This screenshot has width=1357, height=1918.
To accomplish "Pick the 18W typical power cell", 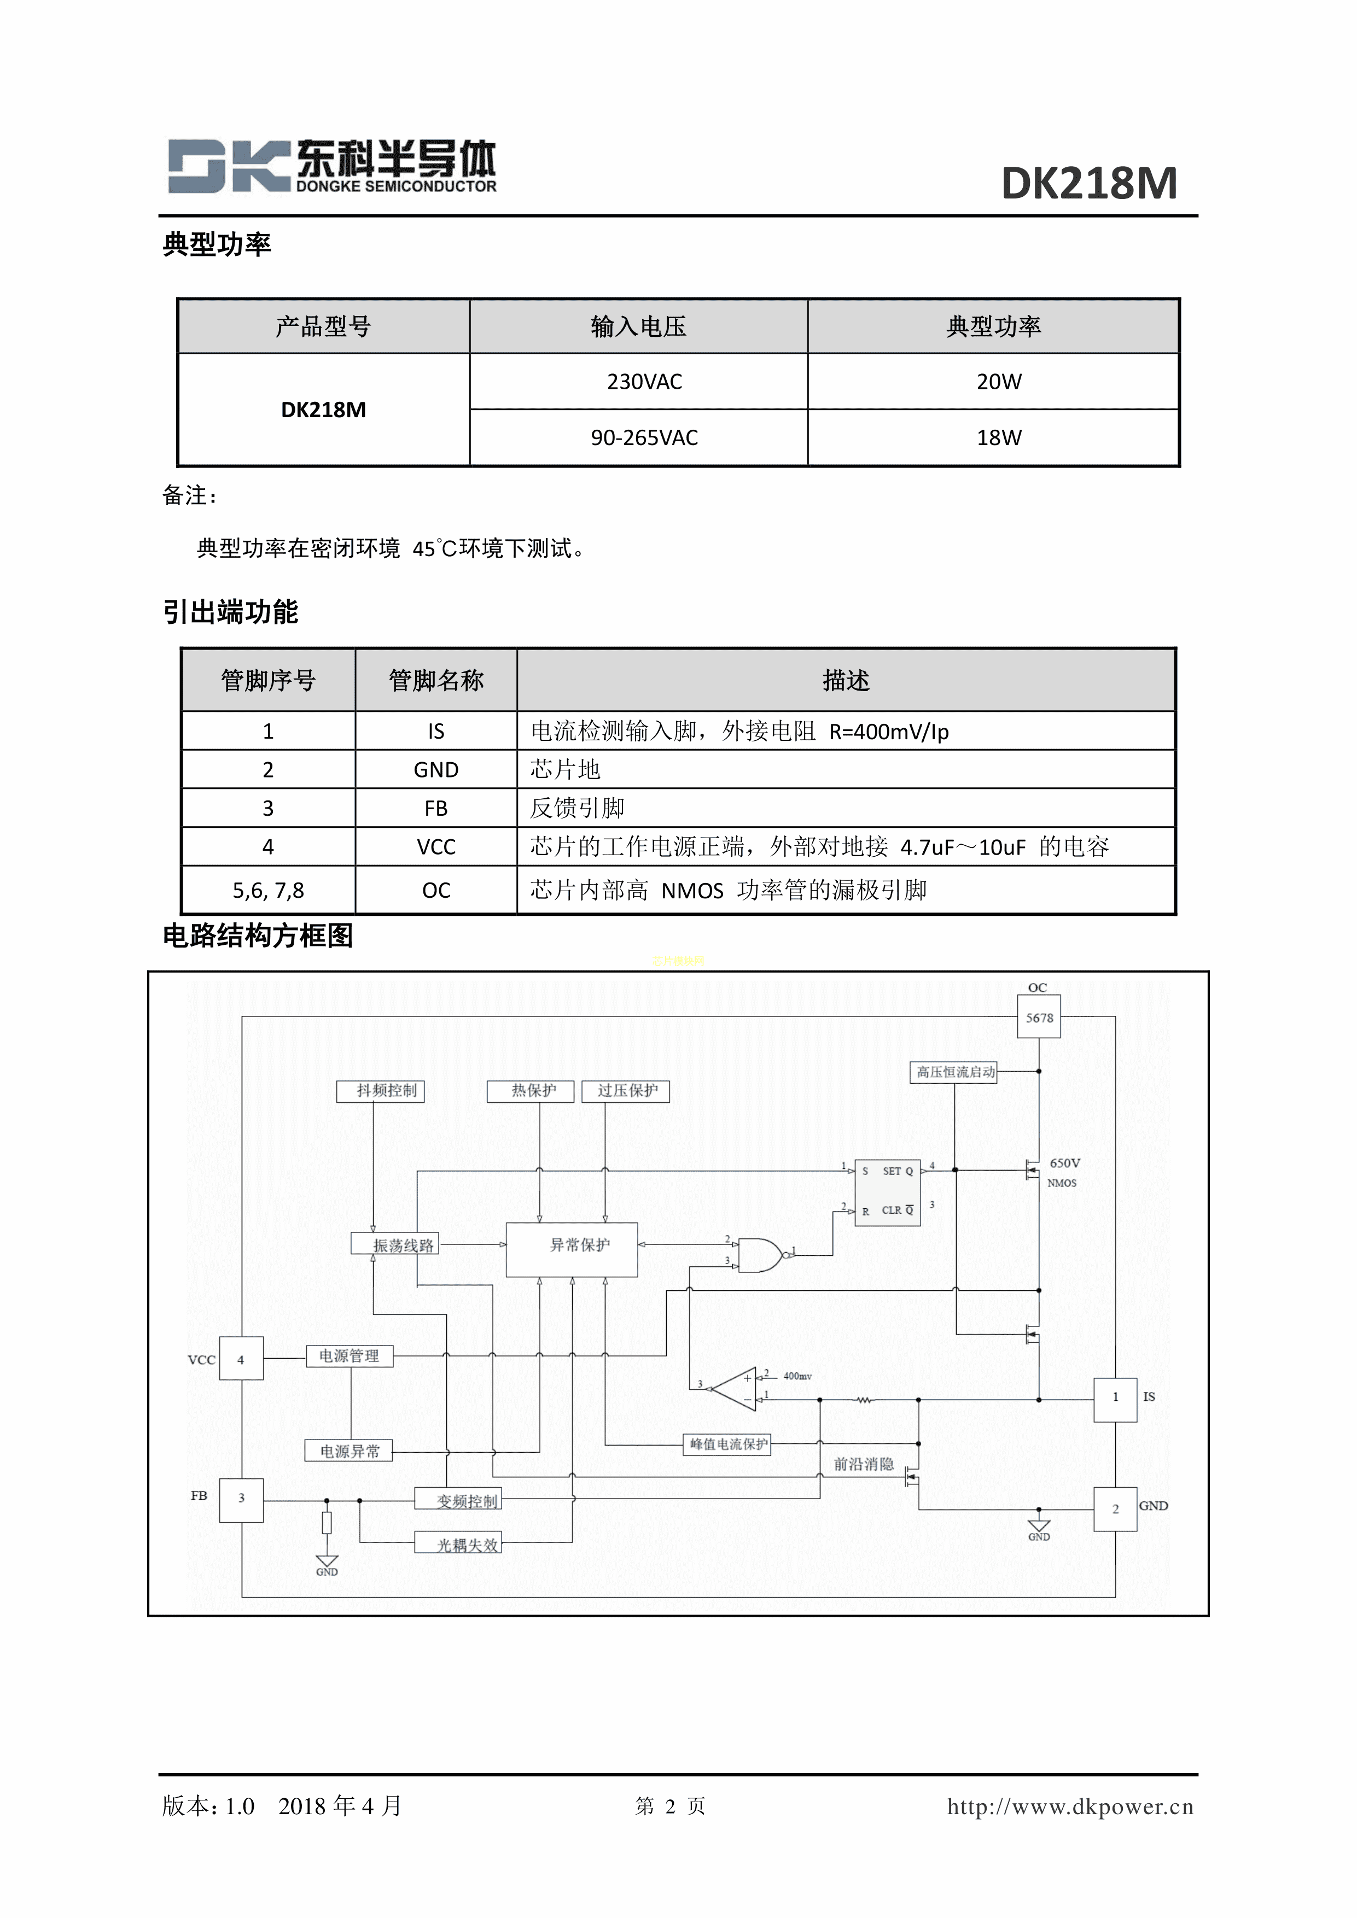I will coord(999,438).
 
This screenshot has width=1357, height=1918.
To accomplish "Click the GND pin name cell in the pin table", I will coord(435,769).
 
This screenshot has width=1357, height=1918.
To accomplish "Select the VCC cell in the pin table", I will coord(435,847).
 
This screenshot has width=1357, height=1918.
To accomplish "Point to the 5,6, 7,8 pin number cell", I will coord(267,891).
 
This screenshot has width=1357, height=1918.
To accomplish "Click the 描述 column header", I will coord(845,681).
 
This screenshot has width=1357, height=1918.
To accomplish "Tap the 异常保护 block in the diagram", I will coord(572,1250).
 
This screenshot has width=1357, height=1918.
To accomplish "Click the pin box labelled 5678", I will coord(1039,1018).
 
